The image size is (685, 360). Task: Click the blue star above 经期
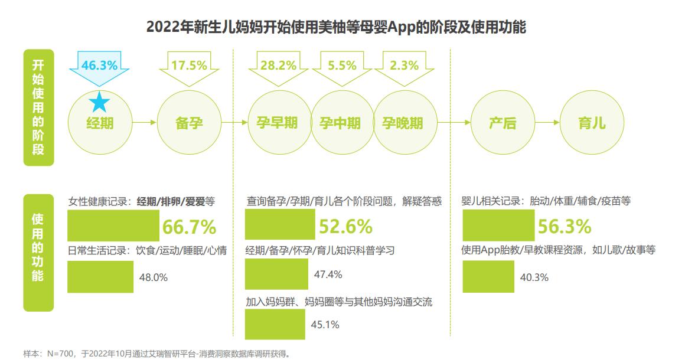[99, 103]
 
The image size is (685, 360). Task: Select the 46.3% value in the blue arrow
[99, 65]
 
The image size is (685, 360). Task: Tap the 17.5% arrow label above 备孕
[189, 65]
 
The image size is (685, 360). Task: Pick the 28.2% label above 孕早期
[278, 65]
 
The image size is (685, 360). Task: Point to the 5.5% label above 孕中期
[342, 65]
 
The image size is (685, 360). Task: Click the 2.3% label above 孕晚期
[405, 65]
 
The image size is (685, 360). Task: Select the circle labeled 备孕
[189, 123]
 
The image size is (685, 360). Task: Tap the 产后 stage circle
[503, 123]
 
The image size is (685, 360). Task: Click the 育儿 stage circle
[591, 123]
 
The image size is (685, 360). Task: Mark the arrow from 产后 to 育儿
[547, 123]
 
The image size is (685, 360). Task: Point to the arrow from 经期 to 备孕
[144, 123]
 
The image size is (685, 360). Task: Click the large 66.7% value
[188, 227]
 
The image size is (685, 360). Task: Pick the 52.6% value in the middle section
[345, 227]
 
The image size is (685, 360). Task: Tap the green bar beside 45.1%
[275, 323]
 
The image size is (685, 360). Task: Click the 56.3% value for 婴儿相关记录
[564, 227]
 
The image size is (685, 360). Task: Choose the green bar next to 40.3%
[488, 277]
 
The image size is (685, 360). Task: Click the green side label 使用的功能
[38, 252]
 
